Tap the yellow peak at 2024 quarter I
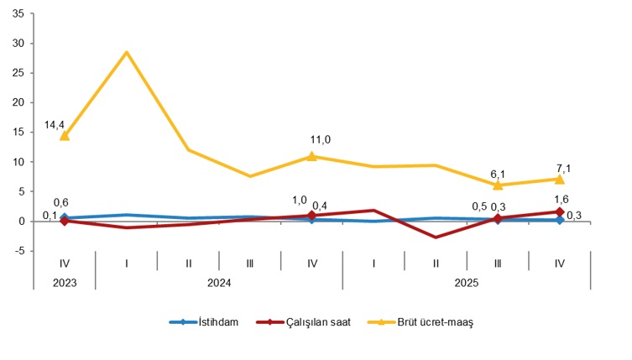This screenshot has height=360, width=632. (127, 52)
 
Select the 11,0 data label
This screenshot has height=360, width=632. (320, 139)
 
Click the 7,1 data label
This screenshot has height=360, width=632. (563, 168)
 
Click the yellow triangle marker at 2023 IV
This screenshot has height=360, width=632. (65, 135)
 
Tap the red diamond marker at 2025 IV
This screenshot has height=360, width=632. (560, 211)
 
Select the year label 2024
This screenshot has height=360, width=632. (219, 283)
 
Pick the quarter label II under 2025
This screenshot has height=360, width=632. (436, 263)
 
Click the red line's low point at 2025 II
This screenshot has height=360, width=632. (436, 237)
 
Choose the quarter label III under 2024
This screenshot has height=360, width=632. (250, 263)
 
